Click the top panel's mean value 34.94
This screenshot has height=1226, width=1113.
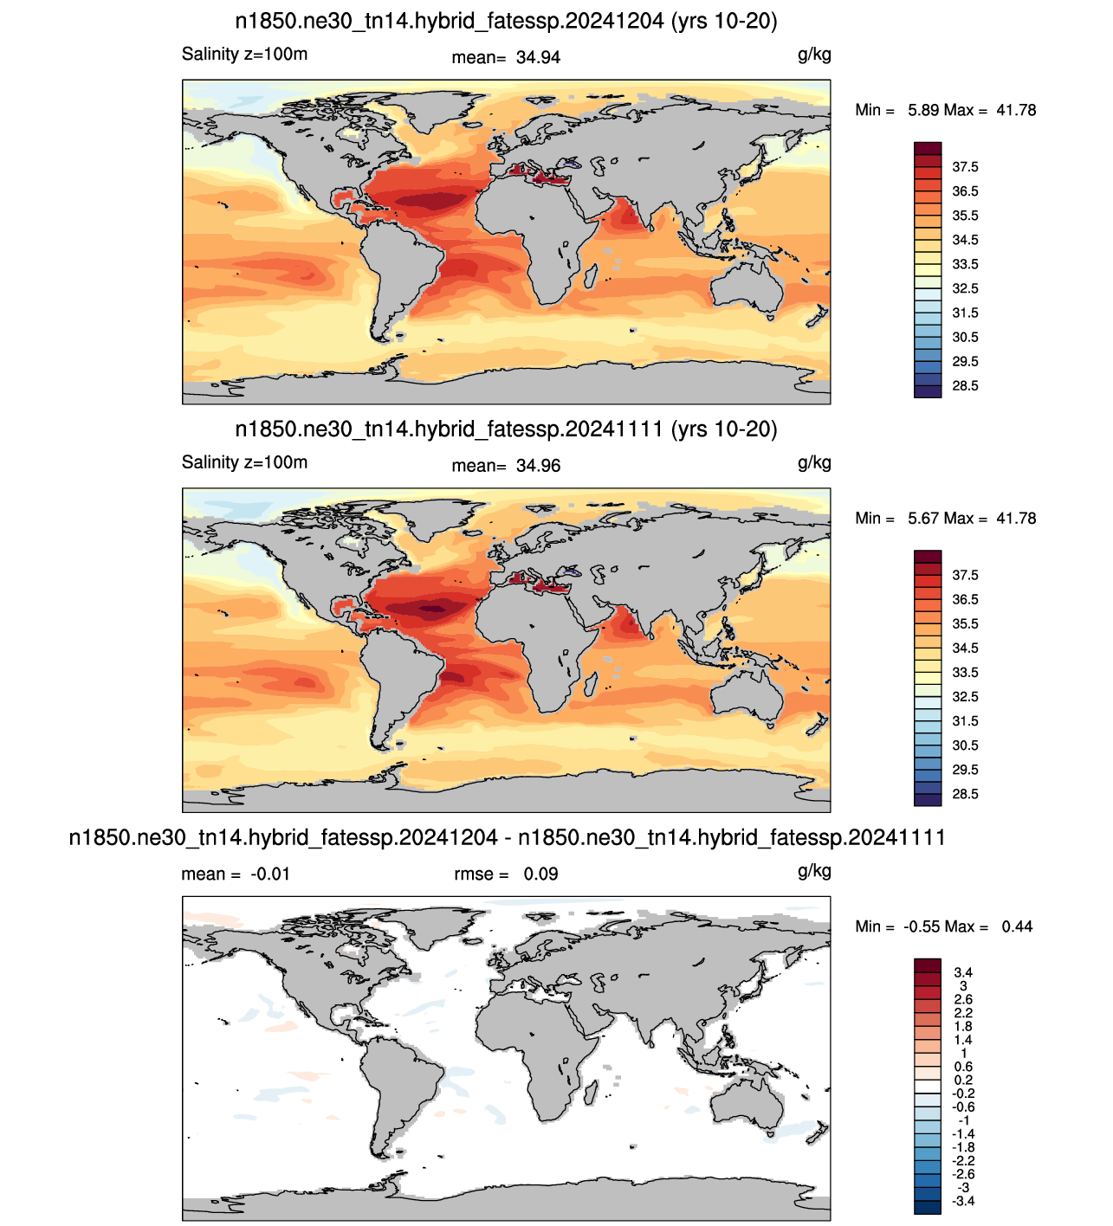click(538, 57)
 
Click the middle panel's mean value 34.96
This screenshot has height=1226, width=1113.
click(538, 466)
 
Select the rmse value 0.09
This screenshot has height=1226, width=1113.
click(540, 874)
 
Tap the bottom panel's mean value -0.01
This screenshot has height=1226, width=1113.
click(269, 874)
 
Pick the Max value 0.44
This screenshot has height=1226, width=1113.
click(1017, 926)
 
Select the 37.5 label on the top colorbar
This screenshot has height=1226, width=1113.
click(965, 167)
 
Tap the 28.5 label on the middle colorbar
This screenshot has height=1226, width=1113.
click(965, 794)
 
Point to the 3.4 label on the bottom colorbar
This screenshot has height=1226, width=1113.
click(963, 972)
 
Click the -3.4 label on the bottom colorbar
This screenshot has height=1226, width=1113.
click(963, 1201)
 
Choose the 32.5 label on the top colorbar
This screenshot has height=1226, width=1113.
click(965, 288)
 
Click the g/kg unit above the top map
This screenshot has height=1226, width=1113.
click(814, 55)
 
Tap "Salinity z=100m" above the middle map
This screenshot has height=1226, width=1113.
click(244, 462)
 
